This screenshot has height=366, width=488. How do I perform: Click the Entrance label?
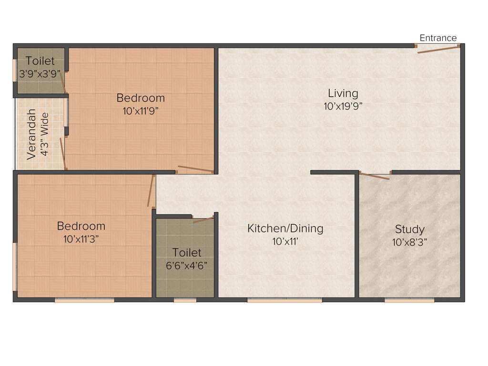(438, 38)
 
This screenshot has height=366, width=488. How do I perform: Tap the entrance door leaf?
(438, 50)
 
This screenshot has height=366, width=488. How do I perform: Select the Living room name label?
(343, 93)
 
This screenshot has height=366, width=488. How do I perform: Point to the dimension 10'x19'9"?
(343, 106)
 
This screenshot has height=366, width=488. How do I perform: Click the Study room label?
(409, 229)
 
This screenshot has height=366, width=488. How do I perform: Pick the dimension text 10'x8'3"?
(409, 242)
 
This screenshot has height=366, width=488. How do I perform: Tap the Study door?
(374, 176)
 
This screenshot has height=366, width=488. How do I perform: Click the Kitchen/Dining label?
(285, 228)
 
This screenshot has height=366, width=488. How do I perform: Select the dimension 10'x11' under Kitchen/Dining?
(285, 242)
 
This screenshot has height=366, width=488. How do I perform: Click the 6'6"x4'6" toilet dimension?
(187, 265)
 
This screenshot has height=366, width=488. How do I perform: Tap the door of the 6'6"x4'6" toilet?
(203, 220)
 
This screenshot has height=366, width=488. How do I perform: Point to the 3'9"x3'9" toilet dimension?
(41, 74)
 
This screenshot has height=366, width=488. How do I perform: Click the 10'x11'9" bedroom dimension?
(141, 112)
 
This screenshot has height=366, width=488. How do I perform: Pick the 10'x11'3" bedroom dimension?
(81, 239)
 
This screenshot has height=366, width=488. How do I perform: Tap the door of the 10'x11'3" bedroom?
(152, 191)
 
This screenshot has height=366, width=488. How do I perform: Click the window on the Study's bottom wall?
(409, 301)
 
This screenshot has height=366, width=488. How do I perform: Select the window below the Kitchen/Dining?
(285, 301)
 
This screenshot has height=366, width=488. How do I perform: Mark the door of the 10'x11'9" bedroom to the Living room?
(195, 169)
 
